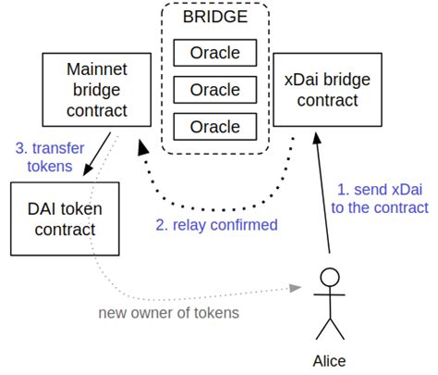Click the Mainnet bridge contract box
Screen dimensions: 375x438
click(x=98, y=90)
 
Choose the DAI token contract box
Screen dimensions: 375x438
click(x=63, y=219)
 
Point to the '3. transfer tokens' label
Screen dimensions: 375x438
click(x=43, y=156)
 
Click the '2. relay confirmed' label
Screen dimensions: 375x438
click(x=218, y=224)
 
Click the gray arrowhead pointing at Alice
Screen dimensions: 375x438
click(x=297, y=287)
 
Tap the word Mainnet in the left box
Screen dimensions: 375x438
click(x=98, y=70)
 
